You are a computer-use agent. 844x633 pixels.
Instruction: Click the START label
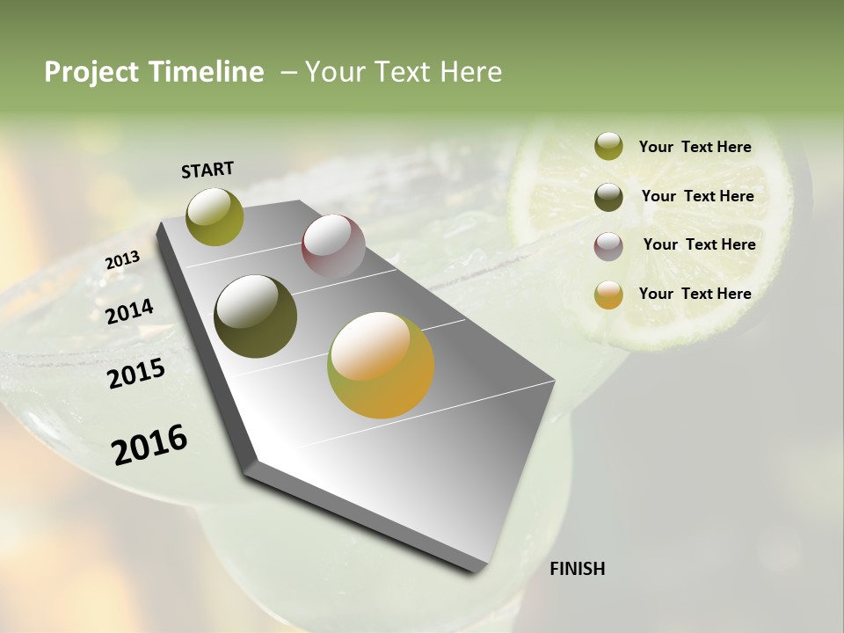pos(207,170)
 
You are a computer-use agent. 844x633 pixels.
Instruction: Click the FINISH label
pos(577,569)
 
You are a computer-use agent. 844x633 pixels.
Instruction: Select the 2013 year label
pos(122,260)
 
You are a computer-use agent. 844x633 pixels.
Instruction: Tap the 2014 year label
pos(130,311)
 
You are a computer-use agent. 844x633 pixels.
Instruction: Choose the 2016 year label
pos(149,444)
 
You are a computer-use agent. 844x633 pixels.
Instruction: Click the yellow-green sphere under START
pos(215,216)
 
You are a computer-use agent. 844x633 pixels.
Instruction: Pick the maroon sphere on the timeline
pos(333,246)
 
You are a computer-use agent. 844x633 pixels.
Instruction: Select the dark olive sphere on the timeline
pos(256,316)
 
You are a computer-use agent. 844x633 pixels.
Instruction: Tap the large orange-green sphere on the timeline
pos(381,365)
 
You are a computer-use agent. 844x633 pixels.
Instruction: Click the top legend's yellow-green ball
pos(608,147)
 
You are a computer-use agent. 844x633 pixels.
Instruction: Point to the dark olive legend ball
pos(608,197)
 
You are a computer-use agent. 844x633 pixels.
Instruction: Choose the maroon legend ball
pos(608,246)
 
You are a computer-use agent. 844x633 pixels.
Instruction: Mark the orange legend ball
pos(608,295)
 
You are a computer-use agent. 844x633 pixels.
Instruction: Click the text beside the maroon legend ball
pos(699,244)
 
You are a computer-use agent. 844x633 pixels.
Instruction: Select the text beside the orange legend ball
pos(695,294)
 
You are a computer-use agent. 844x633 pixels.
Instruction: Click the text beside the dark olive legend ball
pos(697,196)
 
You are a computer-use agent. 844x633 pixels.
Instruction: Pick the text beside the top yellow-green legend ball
pos(695,147)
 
